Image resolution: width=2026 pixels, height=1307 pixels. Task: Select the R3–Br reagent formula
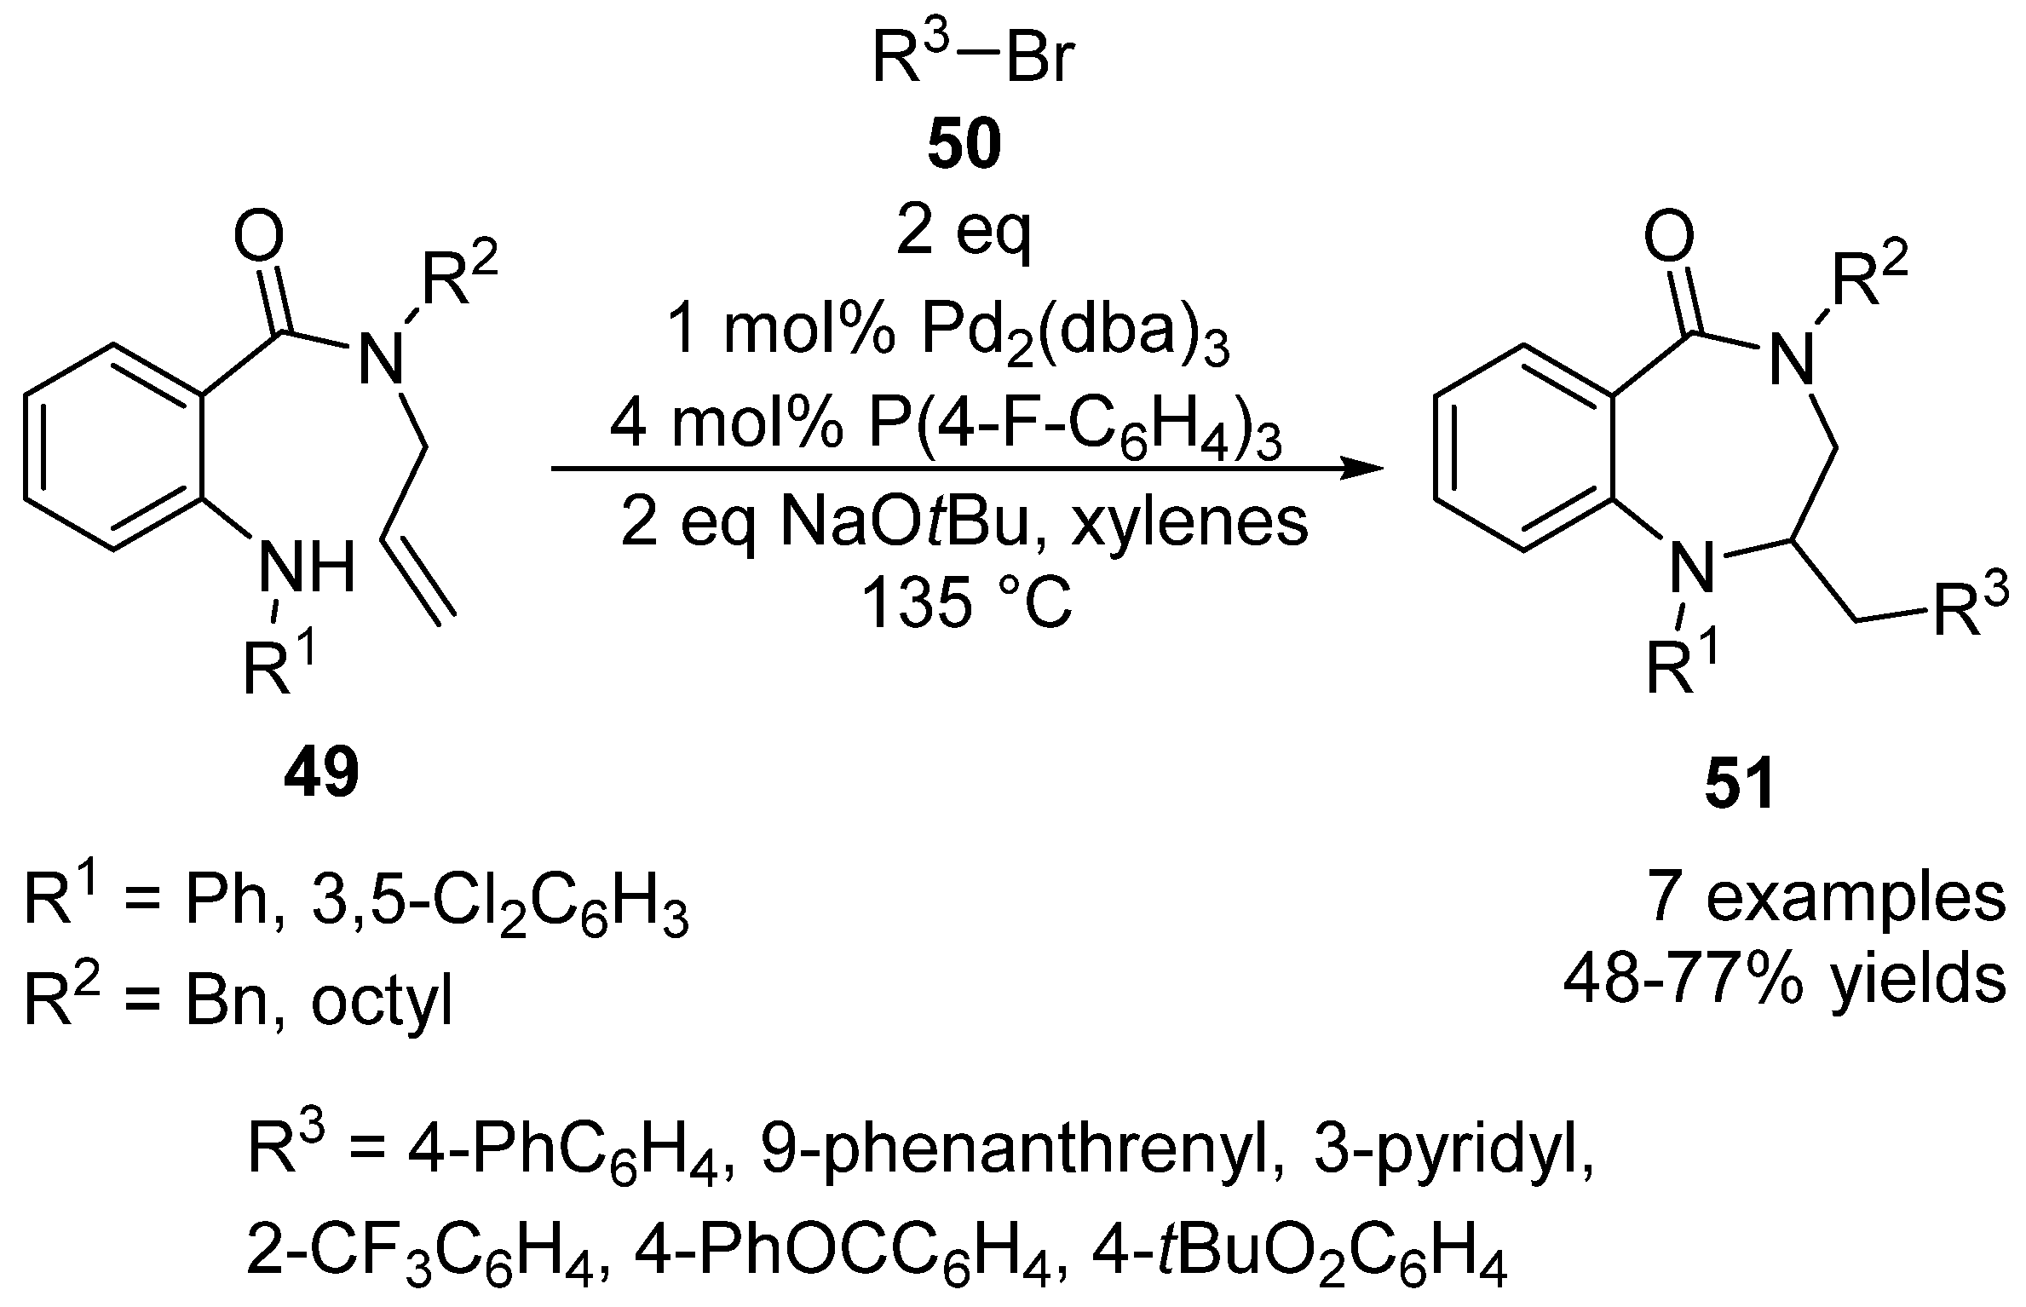[x=970, y=59]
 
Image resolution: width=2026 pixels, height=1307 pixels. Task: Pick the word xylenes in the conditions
[x=1189, y=522]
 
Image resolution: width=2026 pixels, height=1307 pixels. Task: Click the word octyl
[x=381, y=1003]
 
